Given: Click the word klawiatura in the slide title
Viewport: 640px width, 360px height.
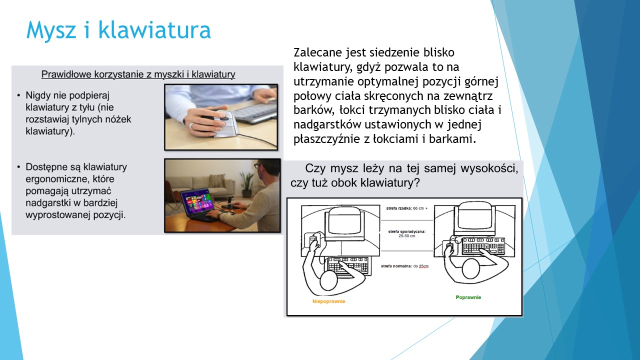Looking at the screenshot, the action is pos(154,29).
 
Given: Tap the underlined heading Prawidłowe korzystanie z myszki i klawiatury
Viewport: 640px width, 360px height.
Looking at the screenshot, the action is pos(138,74).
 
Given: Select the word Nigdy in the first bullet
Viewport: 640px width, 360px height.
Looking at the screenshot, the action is pos(38,95).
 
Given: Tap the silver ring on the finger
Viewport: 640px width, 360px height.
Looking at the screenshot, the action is pos(191,125).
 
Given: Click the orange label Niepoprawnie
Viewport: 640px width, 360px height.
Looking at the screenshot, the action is pos(328,301).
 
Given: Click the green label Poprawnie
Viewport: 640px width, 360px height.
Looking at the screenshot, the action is pos(468,297).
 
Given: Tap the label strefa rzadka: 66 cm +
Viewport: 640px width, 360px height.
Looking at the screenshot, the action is pos(407,208).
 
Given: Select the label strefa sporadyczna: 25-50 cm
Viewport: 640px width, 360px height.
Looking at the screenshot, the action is pos(407,233).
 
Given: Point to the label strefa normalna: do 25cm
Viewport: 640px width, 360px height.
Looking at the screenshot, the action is pos(404,266).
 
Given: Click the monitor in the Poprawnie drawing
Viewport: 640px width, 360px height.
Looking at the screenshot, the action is pos(473,220).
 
